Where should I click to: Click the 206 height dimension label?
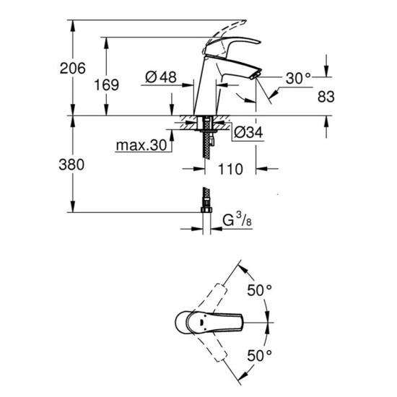pyautogui.click(x=73, y=69)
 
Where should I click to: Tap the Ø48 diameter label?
pyautogui.click(x=161, y=77)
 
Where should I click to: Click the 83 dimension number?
pyautogui.click(x=326, y=95)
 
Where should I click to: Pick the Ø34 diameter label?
pyautogui.click(x=247, y=132)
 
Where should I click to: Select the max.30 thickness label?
pyautogui.click(x=141, y=145)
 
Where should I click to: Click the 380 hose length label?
pyautogui.click(x=73, y=164)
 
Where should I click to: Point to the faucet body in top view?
pyautogui.click(x=202, y=322)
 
